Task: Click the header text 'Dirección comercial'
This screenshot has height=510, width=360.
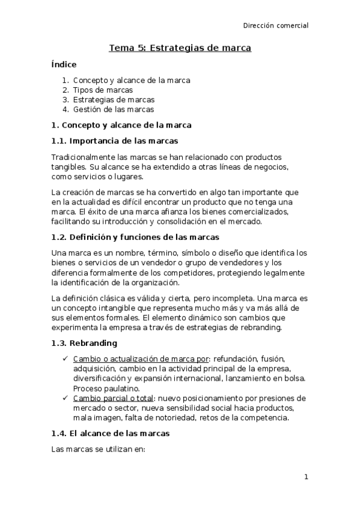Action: (x=275, y=26)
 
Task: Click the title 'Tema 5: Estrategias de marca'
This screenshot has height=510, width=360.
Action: (x=180, y=47)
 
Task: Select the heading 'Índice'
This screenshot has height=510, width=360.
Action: (x=64, y=64)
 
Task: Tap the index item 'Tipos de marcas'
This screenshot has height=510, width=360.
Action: (x=103, y=90)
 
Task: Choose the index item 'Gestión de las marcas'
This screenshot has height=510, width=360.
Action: (x=114, y=109)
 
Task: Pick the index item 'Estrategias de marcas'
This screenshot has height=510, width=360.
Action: (x=114, y=100)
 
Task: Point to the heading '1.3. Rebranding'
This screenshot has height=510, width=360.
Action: (x=84, y=343)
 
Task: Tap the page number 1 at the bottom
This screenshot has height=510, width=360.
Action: (x=306, y=478)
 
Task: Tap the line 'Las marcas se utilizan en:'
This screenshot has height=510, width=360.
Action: (x=99, y=449)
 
